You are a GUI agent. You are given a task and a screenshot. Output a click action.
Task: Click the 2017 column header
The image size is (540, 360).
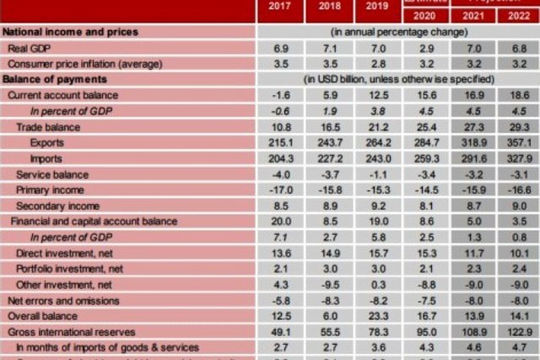click(280, 17)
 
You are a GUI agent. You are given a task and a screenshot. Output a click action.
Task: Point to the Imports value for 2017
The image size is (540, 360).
click(280, 160)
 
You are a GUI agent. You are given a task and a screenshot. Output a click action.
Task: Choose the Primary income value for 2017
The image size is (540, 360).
click(280, 191)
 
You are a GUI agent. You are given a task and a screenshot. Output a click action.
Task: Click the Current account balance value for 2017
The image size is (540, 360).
click(280, 94)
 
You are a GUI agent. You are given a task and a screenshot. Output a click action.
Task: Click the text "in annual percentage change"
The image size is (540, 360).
click(395, 32)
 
